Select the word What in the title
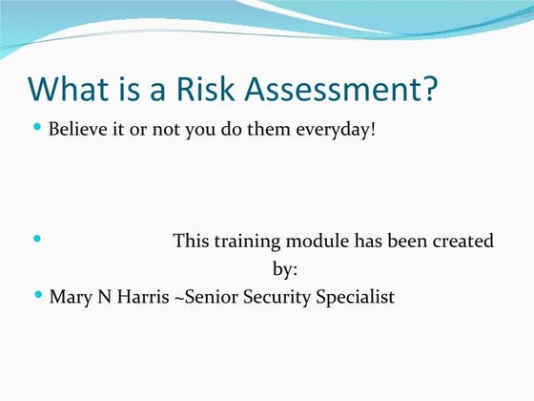click(x=68, y=91)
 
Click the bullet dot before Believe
click(x=37, y=126)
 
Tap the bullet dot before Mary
click(x=37, y=295)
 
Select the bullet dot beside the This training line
click(x=37, y=239)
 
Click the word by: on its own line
click(x=286, y=268)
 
